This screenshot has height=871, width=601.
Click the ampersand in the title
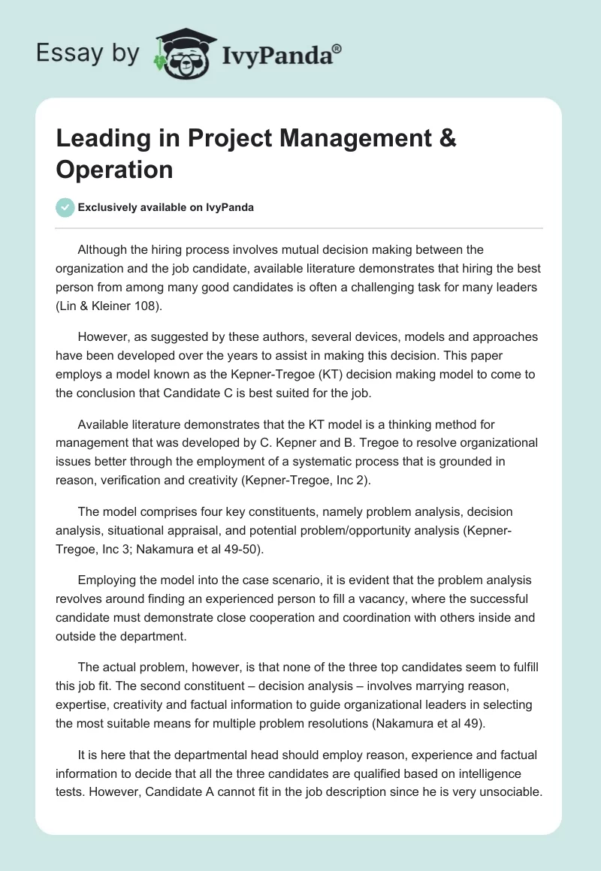point(445,139)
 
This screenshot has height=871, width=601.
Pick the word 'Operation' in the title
point(114,169)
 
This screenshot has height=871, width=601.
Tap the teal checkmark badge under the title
point(65,207)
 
